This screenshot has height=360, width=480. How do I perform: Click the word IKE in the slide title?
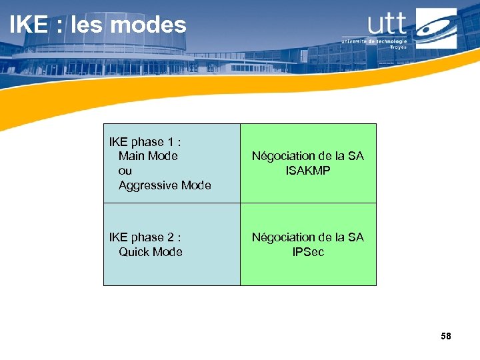click(x=29, y=25)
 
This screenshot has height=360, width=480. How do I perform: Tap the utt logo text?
click(x=387, y=24)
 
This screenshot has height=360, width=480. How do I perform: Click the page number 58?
click(x=446, y=336)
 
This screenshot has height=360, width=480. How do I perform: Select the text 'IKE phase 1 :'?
click(x=145, y=141)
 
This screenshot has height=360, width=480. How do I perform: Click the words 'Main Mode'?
click(x=148, y=156)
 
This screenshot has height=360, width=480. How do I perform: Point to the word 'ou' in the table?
click(x=125, y=171)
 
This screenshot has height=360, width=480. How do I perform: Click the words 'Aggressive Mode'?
click(x=165, y=185)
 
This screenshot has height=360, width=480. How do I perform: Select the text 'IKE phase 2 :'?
click(x=145, y=237)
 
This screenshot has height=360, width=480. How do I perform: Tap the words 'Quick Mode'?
click(x=150, y=252)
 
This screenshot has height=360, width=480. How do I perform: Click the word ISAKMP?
click(x=308, y=171)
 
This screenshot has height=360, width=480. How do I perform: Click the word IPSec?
click(x=308, y=252)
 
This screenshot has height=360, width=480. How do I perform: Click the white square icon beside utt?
click(x=436, y=28)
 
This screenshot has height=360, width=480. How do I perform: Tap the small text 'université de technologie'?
click(x=373, y=41)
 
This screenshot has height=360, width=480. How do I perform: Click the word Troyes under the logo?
click(x=398, y=47)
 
